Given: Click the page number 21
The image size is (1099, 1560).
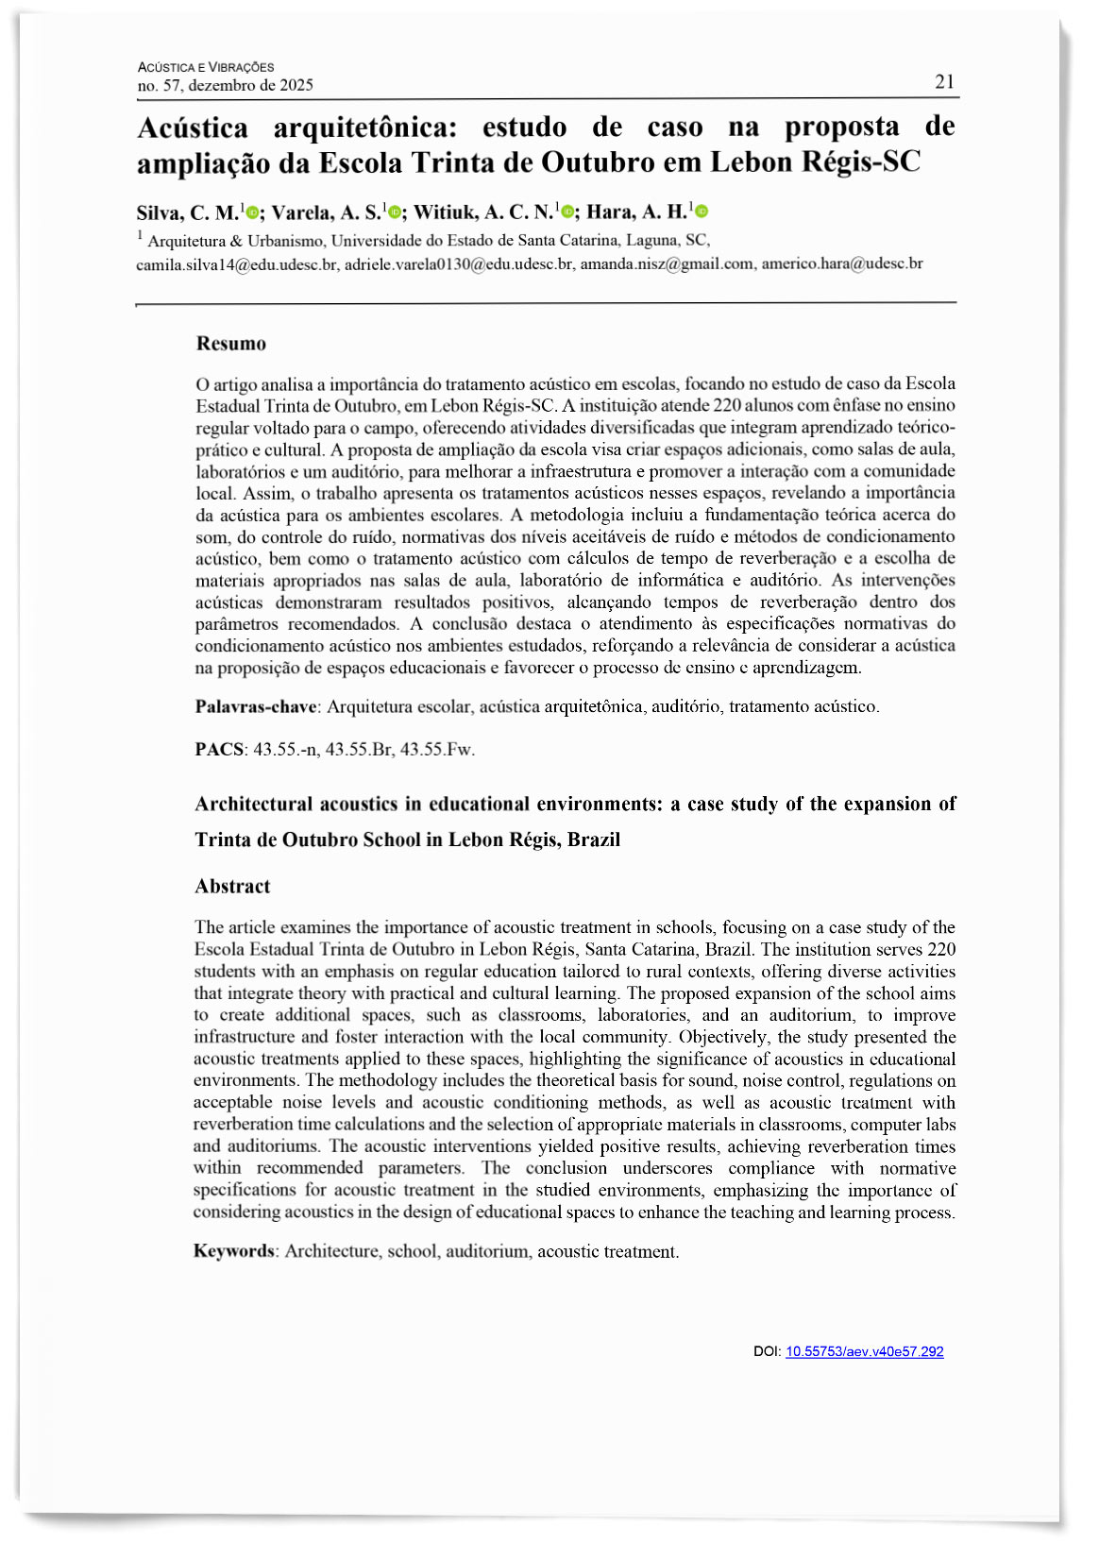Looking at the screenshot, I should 944,82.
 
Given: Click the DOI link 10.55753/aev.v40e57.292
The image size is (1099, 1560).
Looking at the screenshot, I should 864,1351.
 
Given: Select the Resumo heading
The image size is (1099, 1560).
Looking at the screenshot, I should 231,344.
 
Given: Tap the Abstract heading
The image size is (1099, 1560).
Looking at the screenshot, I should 232,886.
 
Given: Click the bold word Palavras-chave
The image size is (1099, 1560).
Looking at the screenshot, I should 256,706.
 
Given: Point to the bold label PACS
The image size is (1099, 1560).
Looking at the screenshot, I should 219,750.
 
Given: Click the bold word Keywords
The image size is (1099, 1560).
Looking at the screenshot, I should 234,1251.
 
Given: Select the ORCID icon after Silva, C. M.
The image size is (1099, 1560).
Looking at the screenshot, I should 252,212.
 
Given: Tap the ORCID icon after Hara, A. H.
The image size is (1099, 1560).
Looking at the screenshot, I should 702,212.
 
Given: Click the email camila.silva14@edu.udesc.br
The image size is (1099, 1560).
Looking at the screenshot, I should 237,264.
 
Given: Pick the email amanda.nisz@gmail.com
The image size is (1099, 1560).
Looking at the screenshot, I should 667,264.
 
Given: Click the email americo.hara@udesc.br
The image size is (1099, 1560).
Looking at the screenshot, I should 842,264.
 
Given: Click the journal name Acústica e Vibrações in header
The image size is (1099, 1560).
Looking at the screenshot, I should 206,67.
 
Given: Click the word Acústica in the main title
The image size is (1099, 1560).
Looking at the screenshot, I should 193,127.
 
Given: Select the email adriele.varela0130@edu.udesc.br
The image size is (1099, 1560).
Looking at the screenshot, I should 459,264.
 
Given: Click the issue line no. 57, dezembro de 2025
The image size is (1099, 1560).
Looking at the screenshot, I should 226,86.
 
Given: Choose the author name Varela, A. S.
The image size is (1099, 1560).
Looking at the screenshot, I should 326,212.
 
